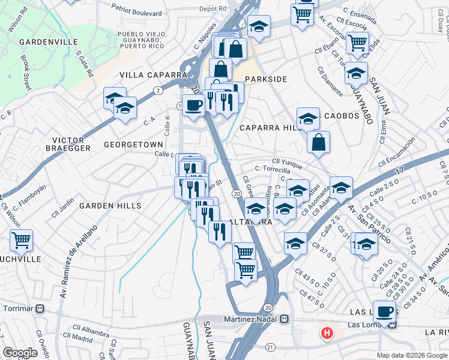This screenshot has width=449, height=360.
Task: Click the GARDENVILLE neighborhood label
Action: [x=48, y=42]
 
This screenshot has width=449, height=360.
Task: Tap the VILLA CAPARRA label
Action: [x=153, y=75]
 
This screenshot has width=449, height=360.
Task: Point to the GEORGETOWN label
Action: [x=133, y=145]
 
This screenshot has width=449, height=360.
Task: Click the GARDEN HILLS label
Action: [x=110, y=205]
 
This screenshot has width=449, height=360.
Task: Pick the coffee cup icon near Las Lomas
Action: [x=384, y=311]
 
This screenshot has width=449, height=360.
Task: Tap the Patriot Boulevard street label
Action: [x=137, y=13]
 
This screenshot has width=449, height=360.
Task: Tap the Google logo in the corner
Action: [x=20, y=353]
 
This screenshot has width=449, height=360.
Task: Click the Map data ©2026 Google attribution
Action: [x=412, y=355]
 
